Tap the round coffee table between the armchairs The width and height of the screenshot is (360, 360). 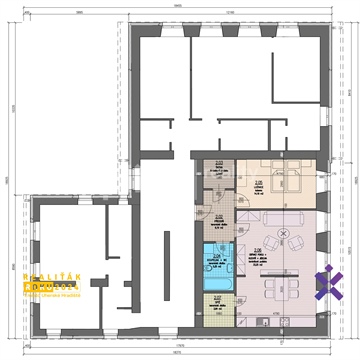coord(284,243)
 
